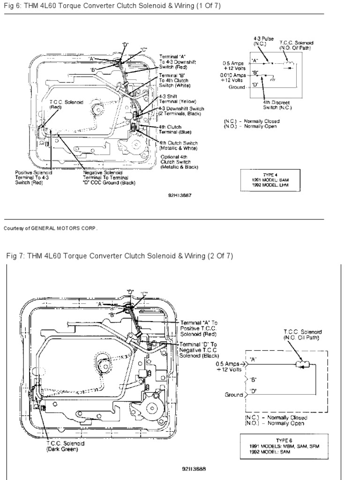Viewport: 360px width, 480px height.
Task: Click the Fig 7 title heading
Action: pos(120,256)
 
